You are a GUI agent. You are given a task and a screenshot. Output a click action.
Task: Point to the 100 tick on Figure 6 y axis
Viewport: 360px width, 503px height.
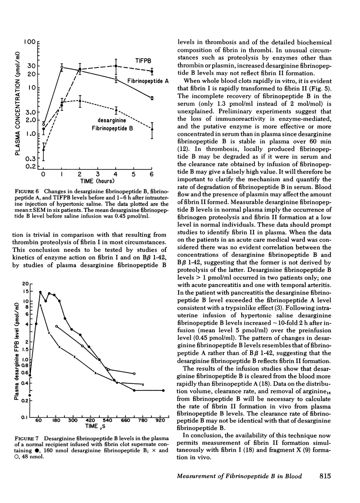tap(30, 43)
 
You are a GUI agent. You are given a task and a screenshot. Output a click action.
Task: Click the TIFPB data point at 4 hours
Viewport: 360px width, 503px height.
tap(116, 66)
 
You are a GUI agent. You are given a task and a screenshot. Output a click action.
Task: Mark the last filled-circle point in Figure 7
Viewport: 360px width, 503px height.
tap(163, 390)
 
